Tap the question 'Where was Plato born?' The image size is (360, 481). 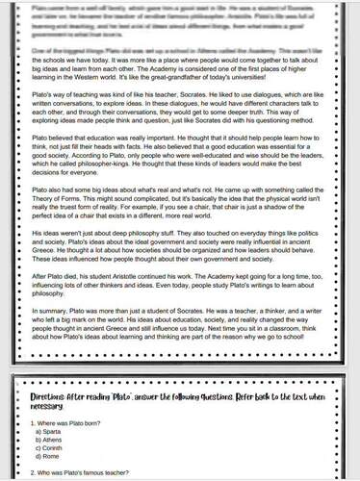72,421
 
